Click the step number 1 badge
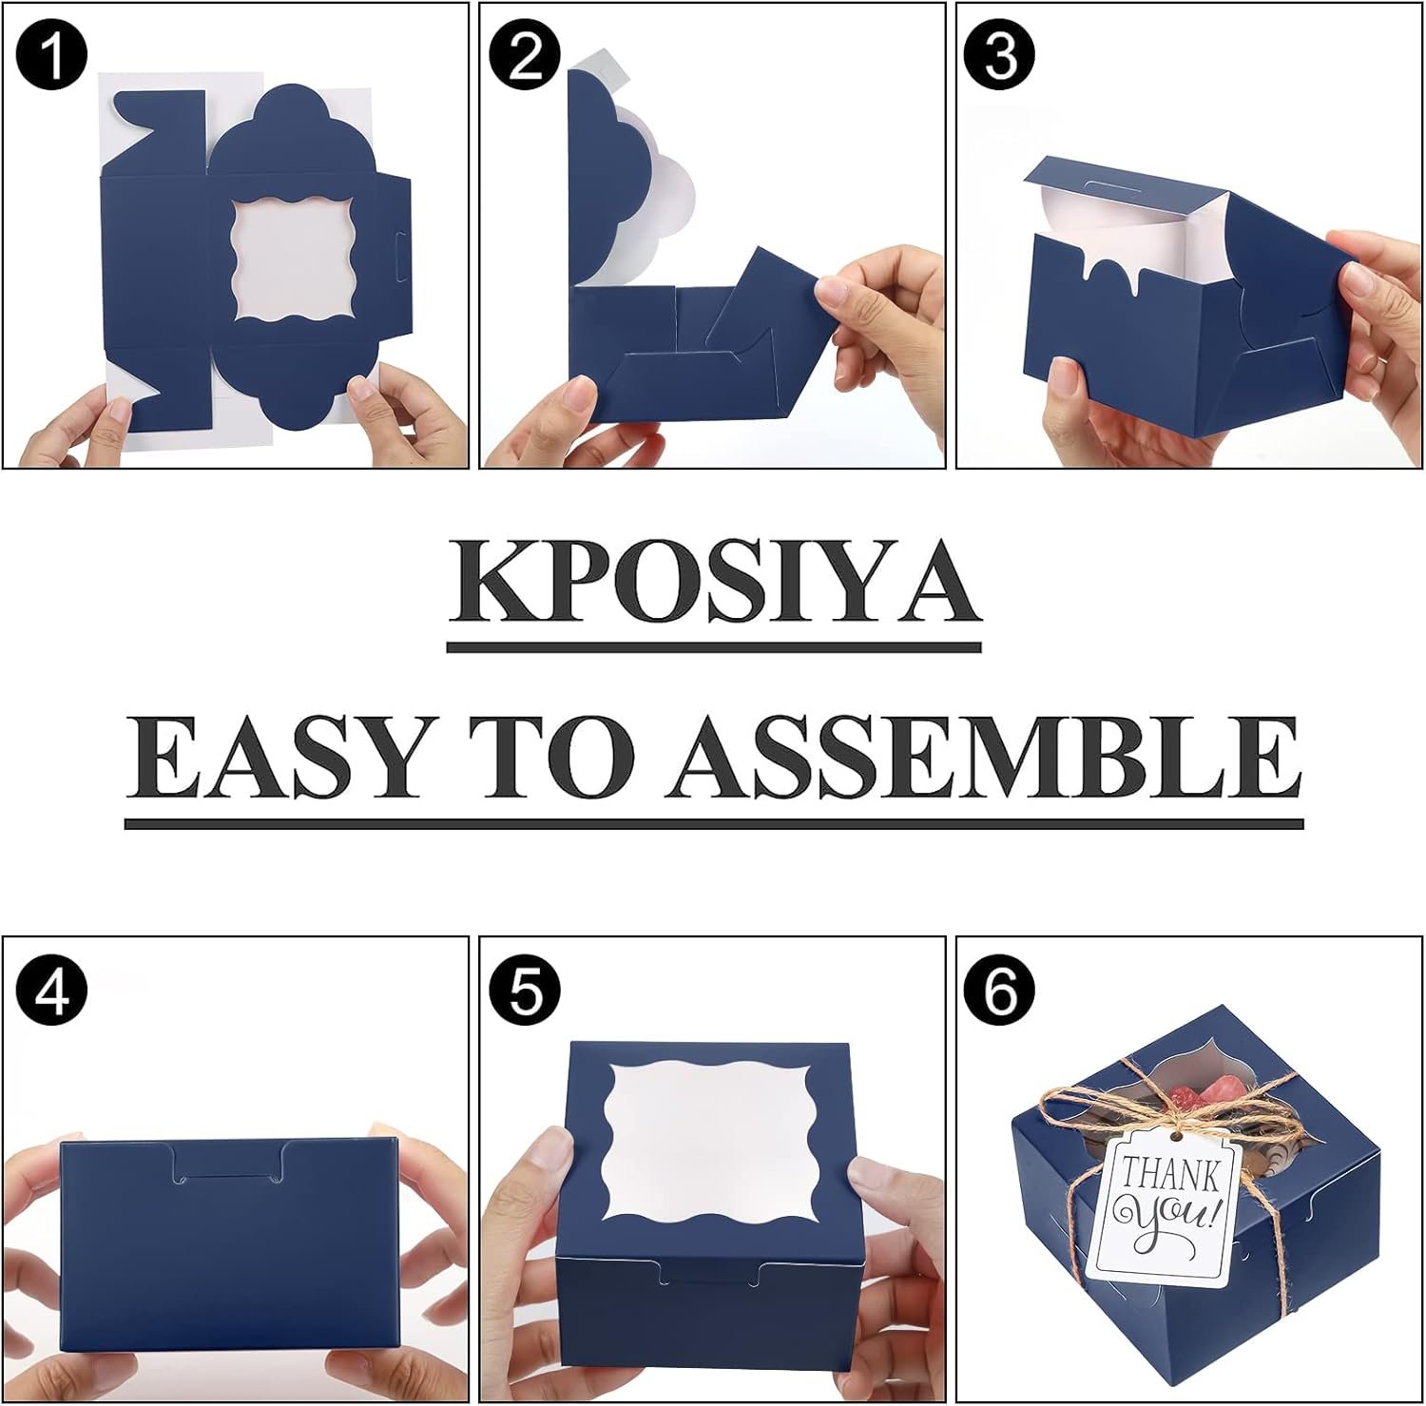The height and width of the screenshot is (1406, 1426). tap(53, 56)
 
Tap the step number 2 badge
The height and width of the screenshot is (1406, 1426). tap(527, 56)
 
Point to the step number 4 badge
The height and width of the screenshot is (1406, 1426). tap(53, 991)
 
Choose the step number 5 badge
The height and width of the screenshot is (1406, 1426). tap(527, 991)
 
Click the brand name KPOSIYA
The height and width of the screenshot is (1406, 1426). tap(713, 581)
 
